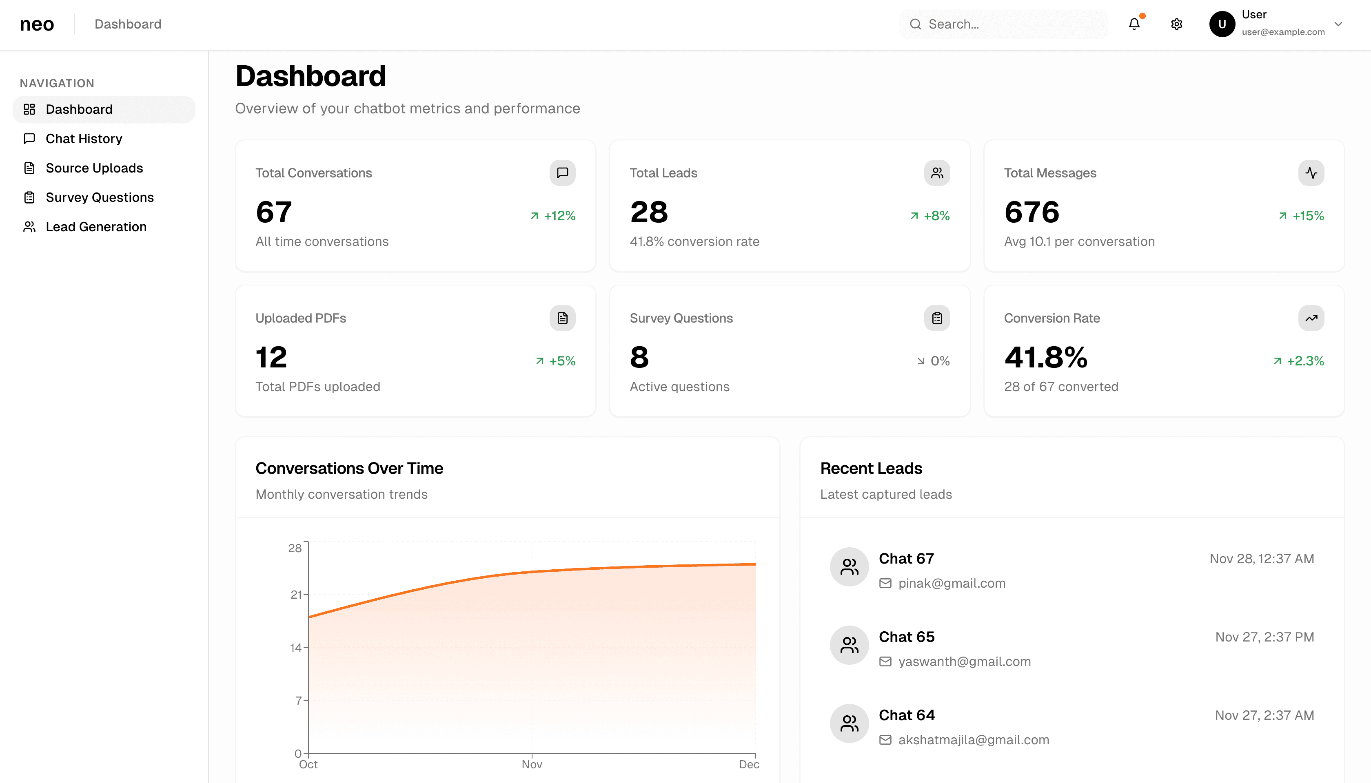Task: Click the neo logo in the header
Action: coord(37,24)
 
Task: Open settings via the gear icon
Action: coord(1177,24)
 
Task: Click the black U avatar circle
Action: coord(1222,24)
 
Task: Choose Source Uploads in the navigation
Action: coord(94,168)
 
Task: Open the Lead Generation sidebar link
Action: coord(96,227)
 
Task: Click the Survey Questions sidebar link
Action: coord(100,197)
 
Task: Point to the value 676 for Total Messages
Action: coord(1032,212)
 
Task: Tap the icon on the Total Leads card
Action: coord(937,173)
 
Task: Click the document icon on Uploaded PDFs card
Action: coord(562,319)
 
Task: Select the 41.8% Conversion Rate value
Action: coord(1045,358)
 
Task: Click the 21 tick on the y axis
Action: coord(296,595)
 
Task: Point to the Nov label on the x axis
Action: coord(532,764)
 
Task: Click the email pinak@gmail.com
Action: coord(951,584)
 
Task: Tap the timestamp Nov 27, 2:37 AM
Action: coord(1264,715)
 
